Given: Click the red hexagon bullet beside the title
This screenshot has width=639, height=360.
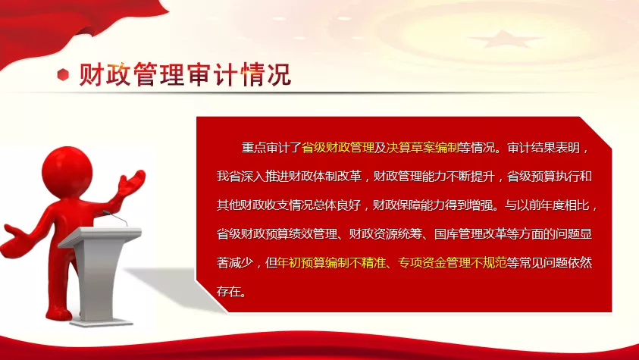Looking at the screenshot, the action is coord(63,74).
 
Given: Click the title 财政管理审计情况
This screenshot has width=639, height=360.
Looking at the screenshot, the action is coord(185,74).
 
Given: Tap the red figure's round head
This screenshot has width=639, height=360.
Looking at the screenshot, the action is coord(67,168).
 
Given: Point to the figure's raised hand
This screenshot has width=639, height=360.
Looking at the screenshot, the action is coord(132,183).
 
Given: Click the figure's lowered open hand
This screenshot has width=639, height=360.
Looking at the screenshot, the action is coord(17,241).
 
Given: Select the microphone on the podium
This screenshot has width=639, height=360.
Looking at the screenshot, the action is coord(115,218).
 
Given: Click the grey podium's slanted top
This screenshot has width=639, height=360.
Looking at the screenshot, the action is coord(100,236).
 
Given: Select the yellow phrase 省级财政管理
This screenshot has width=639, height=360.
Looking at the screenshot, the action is coord(338,148).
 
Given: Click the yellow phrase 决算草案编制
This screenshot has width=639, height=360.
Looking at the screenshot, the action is coord(422,148).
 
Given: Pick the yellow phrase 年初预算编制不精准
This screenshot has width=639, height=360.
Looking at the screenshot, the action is coord(331,263).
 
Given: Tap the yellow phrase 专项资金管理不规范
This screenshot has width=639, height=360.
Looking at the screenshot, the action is coord(453,263).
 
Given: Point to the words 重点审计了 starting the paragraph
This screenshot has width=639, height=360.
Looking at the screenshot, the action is coord(271,148).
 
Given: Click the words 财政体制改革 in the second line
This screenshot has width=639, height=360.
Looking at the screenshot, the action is coord(325,177).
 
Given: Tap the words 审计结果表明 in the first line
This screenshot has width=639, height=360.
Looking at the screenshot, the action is coord(543,148).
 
